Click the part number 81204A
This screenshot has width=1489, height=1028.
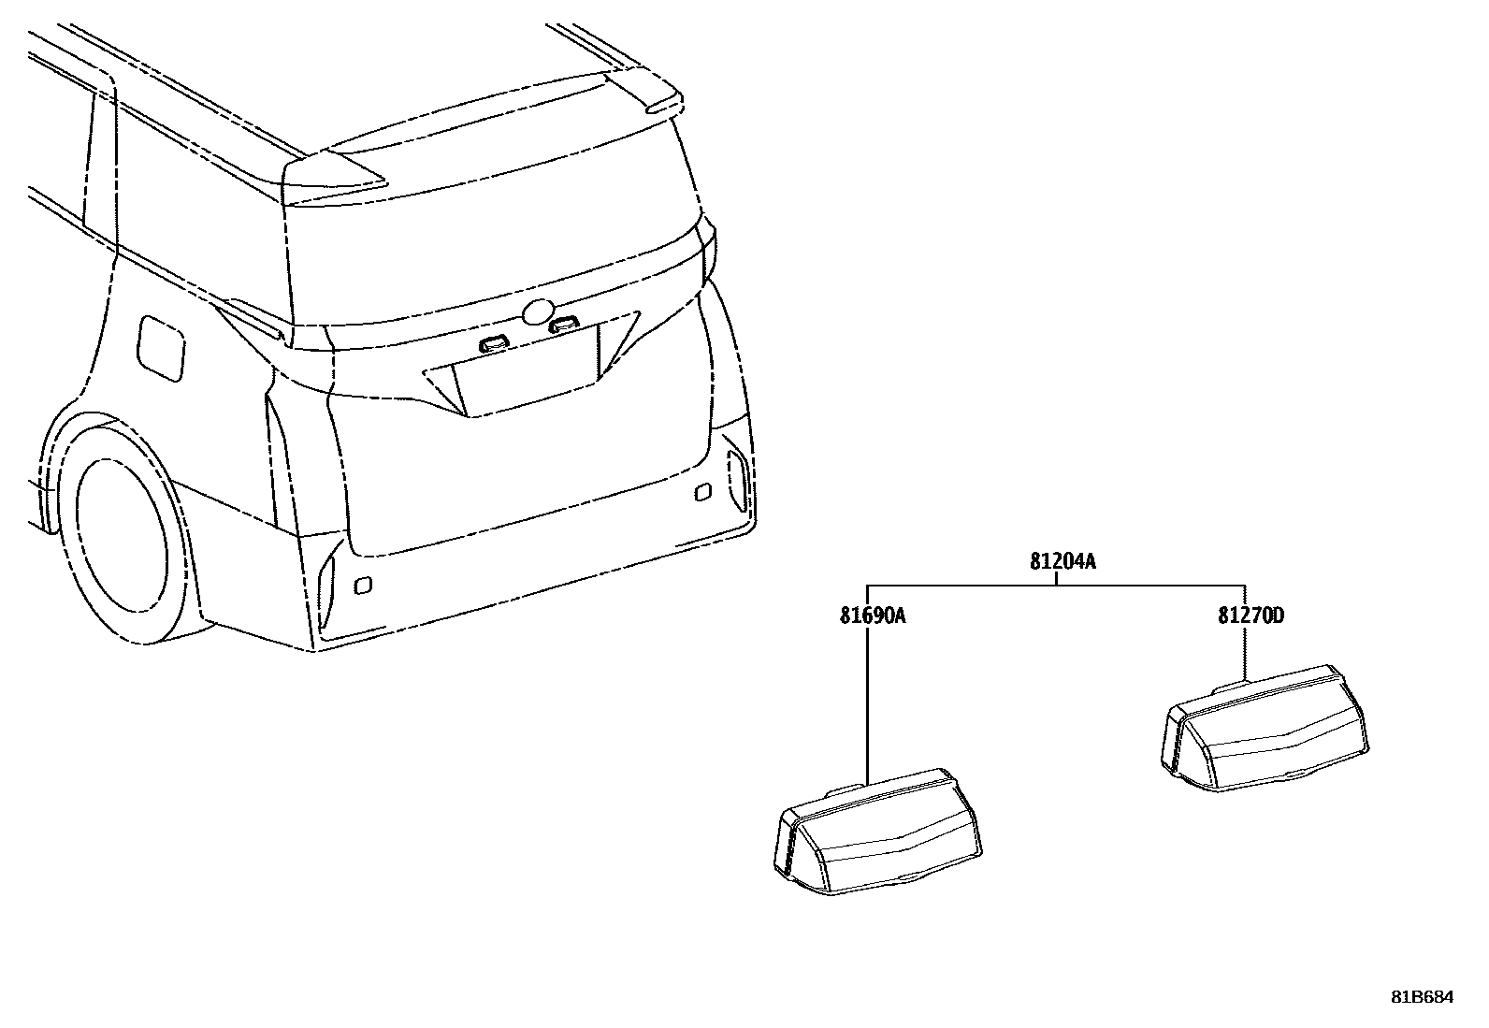coord(1063,562)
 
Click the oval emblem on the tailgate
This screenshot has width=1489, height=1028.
coord(538,312)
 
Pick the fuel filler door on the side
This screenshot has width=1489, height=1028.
coord(161,347)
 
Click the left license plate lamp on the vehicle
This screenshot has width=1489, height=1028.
coord(493,344)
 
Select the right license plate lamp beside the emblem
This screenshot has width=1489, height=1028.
coord(563,325)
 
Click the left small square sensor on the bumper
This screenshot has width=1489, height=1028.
coord(363,586)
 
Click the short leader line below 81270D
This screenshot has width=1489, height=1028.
coord(1245,653)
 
